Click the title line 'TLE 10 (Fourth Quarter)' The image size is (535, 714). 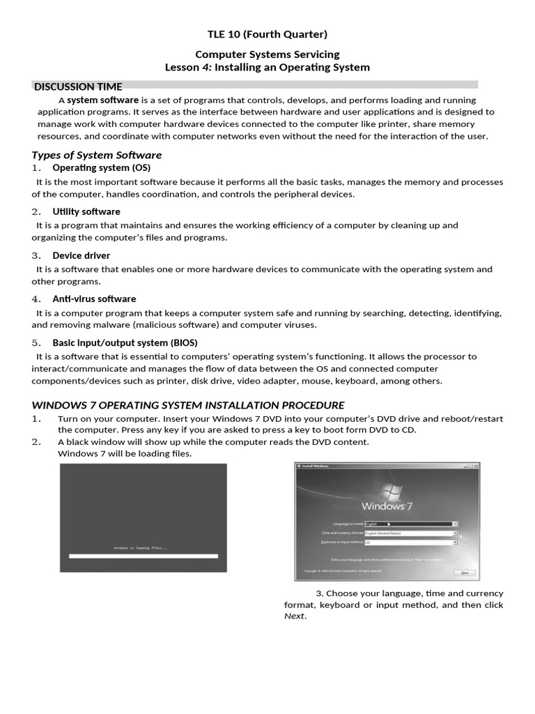(x=267, y=34)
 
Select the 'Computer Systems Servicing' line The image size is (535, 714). (x=267, y=54)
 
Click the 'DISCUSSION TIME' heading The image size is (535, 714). (x=78, y=87)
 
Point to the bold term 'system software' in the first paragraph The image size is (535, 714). (x=102, y=100)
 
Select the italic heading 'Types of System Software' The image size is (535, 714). (x=97, y=155)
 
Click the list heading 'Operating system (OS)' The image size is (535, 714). (x=101, y=168)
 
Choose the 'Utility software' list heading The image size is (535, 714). (x=86, y=211)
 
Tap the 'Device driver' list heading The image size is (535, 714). (x=81, y=255)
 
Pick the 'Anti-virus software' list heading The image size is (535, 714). (x=94, y=298)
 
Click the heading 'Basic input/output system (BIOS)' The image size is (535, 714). (x=125, y=342)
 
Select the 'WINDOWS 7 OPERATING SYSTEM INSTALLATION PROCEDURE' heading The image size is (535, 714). (x=188, y=405)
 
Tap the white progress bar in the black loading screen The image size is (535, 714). (x=143, y=556)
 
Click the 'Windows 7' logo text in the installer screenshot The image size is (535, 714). (x=388, y=505)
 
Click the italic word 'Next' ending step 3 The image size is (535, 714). (x=295, y=616)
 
